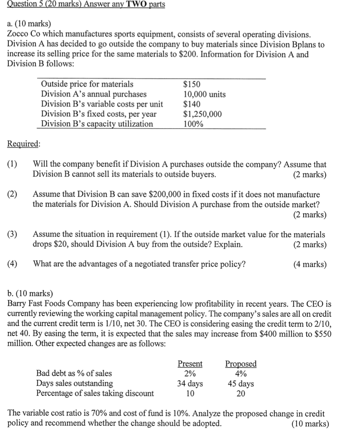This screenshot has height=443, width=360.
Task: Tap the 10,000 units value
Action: pyautogui.click(x=205, y=94)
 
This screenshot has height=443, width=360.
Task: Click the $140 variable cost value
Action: pyautogui.click(x=192, y=104)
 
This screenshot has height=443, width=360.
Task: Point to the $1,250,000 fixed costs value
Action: pyautogui.click(x=203, y=114)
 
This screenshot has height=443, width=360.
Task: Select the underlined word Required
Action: pyautogui.click(x=24, y=144)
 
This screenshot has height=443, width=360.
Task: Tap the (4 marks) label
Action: pyautogui.click(x=310, y=265)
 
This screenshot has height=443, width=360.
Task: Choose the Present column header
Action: pyautogui.click(x=190, y=364)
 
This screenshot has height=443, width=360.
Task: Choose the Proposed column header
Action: pyautogui.click(x=241, y=364)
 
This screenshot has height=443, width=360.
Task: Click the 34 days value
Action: pyautogui.click(x=190, y=384)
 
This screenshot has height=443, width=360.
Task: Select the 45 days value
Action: pyautogui.click(x=241, y=384)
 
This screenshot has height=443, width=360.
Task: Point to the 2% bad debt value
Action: pyautogui.click(x=190, y=374)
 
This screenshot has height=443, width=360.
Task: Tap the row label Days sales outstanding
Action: pyautogui.click(x=74, y=383)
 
